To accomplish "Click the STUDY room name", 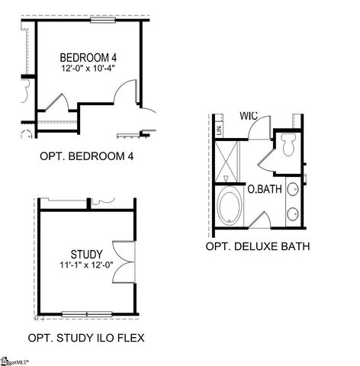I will point(85,254).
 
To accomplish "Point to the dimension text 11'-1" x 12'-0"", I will point(85,265).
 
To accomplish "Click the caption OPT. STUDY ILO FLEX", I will point(86,337).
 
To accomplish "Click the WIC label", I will point(248,116).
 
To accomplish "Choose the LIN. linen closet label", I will point(219,130).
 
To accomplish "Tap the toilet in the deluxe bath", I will point(288,144).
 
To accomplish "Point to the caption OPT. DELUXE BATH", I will point(258,246).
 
